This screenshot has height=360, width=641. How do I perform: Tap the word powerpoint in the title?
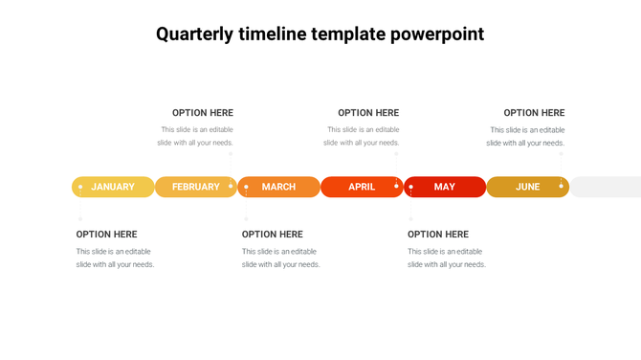pos(437,34)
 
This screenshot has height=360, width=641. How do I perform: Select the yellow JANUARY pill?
pos(113,187)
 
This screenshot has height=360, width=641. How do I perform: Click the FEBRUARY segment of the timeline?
pos(195,187)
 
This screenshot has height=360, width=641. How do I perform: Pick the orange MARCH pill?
pos(278,187)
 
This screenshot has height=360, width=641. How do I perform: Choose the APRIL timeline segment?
pos(362,187)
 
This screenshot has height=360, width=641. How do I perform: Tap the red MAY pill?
pos(445,187)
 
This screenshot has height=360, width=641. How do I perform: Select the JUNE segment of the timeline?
pos(528,187)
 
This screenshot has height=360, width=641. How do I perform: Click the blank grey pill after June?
pos(607,187)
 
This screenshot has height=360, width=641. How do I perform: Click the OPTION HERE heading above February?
pos(203,113)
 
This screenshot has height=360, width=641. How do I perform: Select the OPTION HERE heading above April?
pos(368,113)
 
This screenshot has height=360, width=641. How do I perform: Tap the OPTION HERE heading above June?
pos(534,113)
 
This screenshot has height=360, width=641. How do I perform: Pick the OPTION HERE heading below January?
pos(107,235)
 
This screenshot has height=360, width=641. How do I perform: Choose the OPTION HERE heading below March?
pos(273,235)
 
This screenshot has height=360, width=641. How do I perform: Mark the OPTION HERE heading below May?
pos(438,235)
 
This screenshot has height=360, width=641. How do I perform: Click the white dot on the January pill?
pos(80,187)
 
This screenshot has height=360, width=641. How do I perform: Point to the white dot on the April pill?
pos(396,186)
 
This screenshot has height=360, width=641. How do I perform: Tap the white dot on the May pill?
pos(411,187)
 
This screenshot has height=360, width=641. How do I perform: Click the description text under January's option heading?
pos(115,259)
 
